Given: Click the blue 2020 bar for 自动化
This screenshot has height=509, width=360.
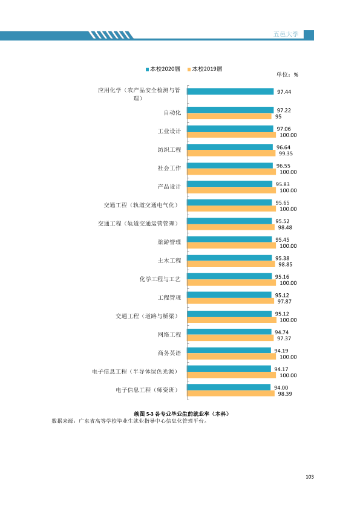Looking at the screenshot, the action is pyautogui.click(x=231, y=110).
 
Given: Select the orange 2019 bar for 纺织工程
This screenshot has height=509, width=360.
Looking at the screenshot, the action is pyautogui.click(x=231, y=153).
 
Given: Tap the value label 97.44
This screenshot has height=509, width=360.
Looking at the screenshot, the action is pyautogui.click(x=284, y=92).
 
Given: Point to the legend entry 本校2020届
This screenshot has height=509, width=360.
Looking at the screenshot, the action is pyautogui.click(x=163, y=69).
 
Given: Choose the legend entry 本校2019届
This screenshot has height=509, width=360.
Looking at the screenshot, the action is pyautogui.click(x=205, y=69).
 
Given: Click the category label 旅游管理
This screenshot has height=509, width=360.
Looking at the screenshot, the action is pyautogui.click(x=169, y=242).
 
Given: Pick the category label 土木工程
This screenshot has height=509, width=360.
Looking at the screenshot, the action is pyautogui.click(x=169, y=261).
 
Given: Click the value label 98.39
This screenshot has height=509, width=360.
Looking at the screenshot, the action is pyautogui.click(x=285, y=394).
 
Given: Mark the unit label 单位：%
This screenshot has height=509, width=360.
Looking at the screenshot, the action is pyautogui.click(x=287, y=75).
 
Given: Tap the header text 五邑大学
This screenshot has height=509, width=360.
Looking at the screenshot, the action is pyautogui.click(x=286, y=34).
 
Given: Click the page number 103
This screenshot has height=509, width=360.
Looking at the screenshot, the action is pyautogui.click(x=310, y=477).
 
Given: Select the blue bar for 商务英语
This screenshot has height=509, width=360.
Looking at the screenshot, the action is pyautogui.click(x=229, y=350).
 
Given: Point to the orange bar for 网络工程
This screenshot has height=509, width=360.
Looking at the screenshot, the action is pyautogui.click(x=231, y=338).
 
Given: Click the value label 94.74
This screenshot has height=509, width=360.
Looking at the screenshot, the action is pyautogui.click(x=282, y=332).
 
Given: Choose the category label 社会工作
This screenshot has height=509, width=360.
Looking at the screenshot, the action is pyautogui.click(x=169, y=168).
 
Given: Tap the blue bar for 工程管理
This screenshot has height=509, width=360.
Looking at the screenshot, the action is pyautogui.click(x=229, y=295).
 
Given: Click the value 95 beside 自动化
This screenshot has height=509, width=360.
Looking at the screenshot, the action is pyautogui.click(x=278, y=117).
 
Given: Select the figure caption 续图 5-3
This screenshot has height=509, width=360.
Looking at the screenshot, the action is pyautogui.click(x=182, y=414).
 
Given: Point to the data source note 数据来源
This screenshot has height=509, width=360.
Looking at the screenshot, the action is pyautogui.click(x=129, y=421).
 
